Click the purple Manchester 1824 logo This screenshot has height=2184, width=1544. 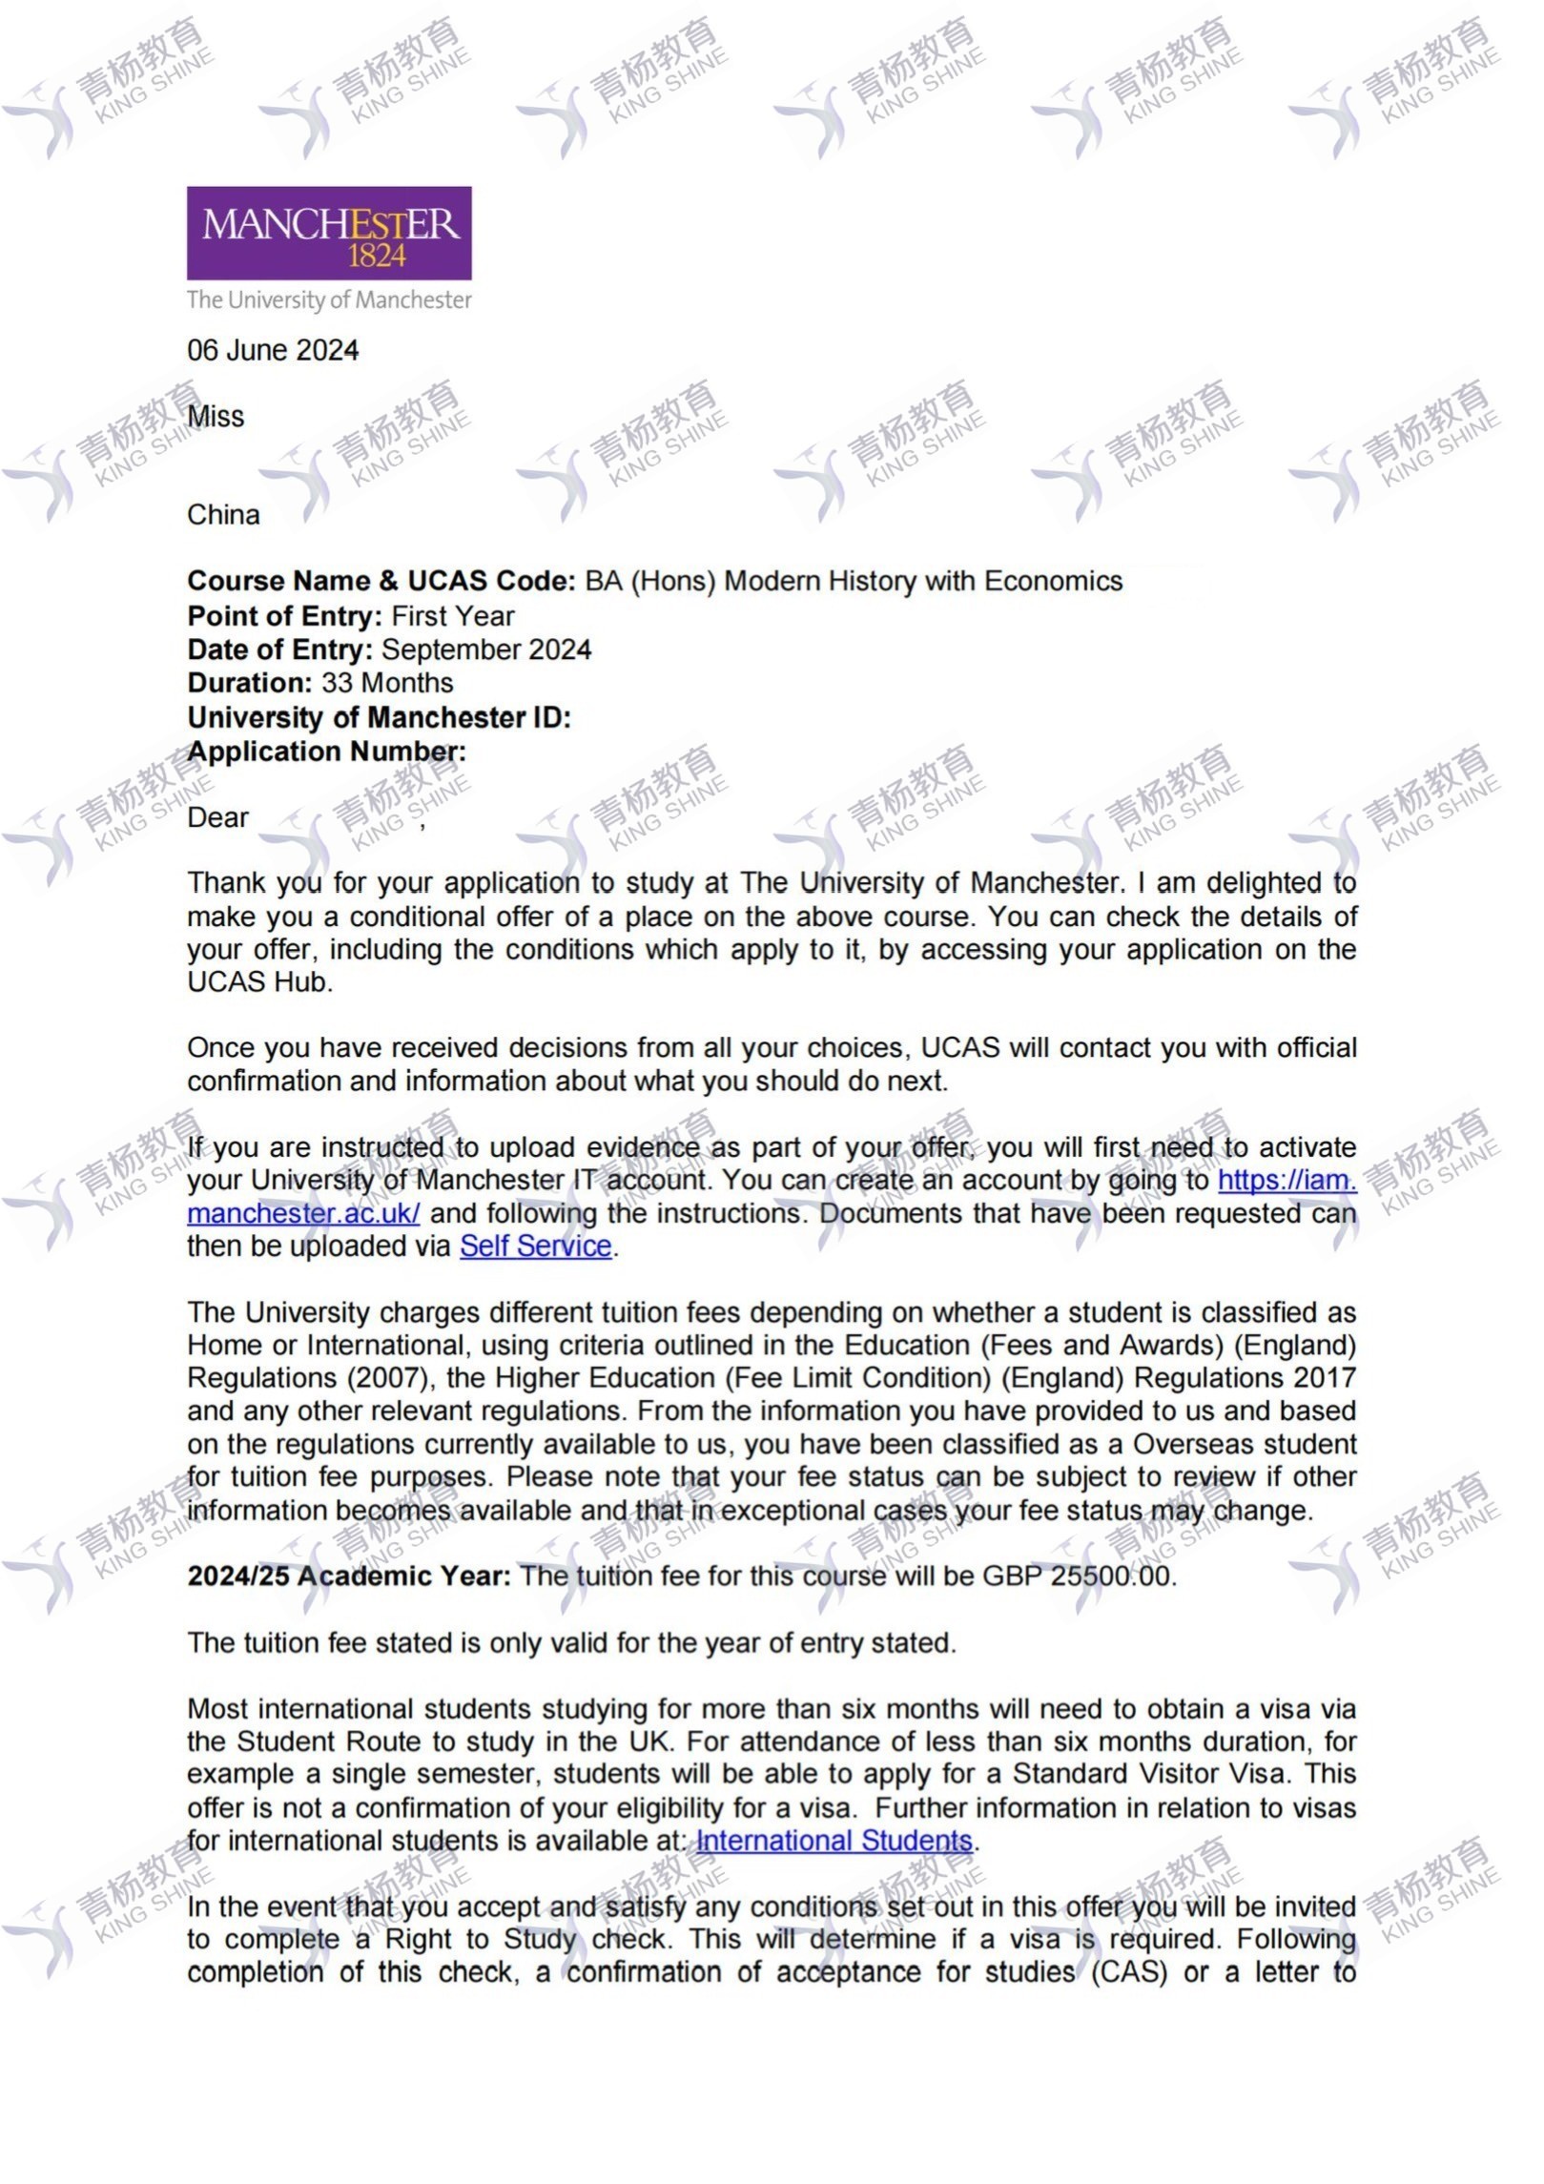click(329, 233)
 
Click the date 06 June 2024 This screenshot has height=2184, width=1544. click(273, 351)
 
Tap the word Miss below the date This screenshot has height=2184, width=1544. click(216, 417)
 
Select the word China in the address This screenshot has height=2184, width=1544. click(223, 515)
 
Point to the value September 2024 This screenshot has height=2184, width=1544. click(486, 650)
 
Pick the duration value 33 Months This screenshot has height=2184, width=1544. click(387, 684)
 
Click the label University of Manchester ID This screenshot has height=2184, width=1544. click(379, 718)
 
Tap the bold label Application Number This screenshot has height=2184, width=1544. click(326, 752)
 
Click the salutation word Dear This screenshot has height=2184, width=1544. click(217, 818)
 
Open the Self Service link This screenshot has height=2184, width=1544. click(535, 1247)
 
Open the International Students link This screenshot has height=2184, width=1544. click(834, 1841)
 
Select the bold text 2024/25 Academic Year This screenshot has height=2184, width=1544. click(349, 1576)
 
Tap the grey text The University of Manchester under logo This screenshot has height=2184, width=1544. click(329, 300)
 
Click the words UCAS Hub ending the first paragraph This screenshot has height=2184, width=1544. click(258, 982)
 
